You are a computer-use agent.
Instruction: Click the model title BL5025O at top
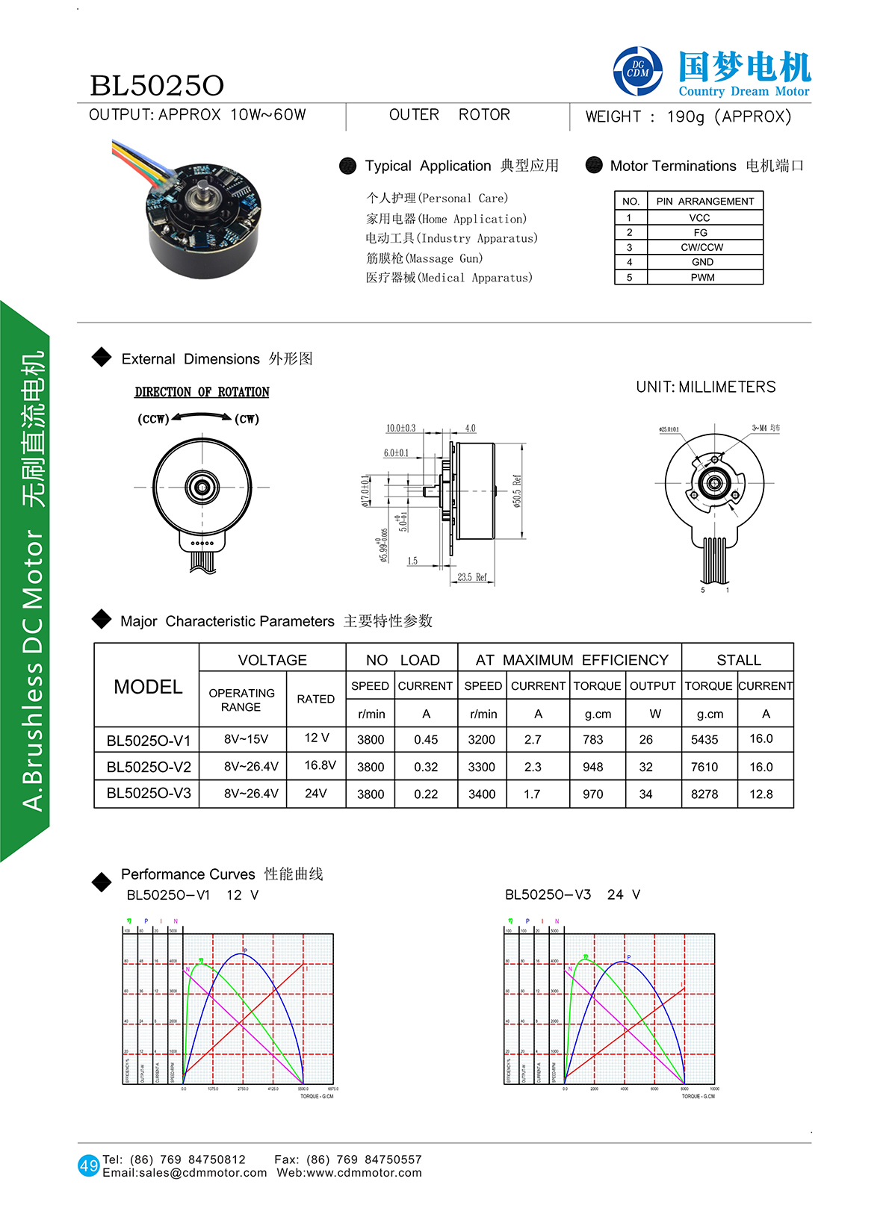point(157,86)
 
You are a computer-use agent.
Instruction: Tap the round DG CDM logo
point(637,72)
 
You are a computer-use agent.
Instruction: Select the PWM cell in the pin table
point(702,278)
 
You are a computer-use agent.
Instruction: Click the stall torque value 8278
point(704,794)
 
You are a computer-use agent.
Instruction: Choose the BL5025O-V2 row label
point(149,767)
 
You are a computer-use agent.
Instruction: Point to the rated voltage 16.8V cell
point(320,765)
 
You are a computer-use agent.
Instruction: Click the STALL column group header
point(738,660)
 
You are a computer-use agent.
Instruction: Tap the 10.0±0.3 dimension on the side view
point(400,429)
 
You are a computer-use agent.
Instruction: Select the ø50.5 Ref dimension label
point(517,491)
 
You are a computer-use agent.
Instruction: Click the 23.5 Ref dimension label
point(471,577)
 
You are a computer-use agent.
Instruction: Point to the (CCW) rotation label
point(153,419)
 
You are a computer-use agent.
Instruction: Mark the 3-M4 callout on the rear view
point(765,429)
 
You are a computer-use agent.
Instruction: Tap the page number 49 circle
point(88,1165)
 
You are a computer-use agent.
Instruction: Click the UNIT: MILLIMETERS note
point(705,387)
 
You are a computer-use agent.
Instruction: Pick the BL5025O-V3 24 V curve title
point(572,894)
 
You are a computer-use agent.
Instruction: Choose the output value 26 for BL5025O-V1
point(645,739)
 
